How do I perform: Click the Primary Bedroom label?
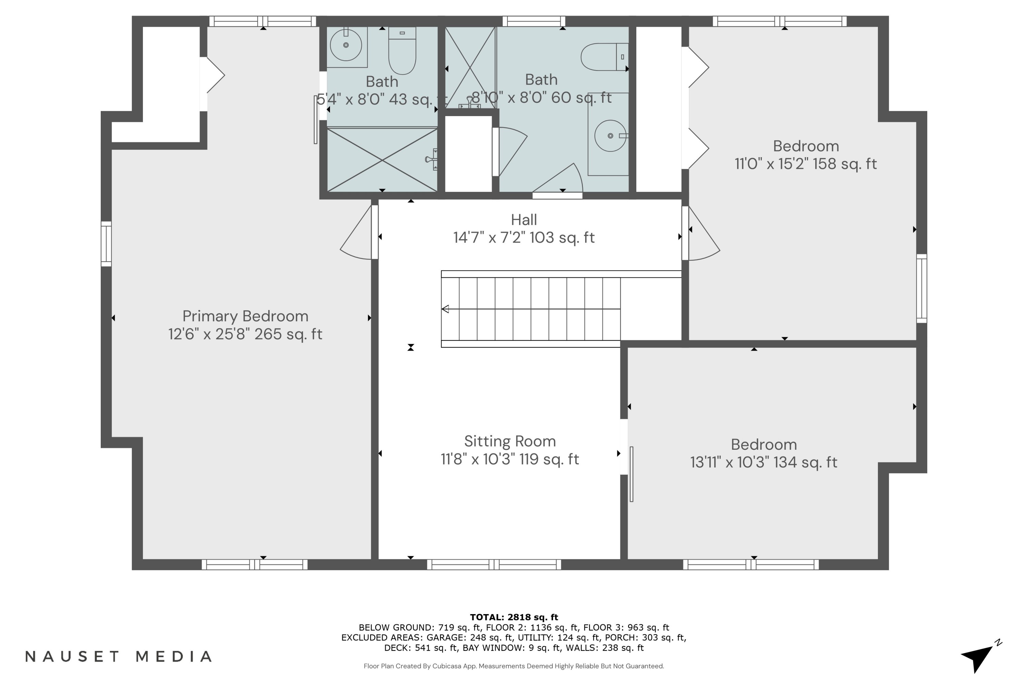click(x=245, y=316)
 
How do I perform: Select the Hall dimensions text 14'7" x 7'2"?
click(x=524, y=238)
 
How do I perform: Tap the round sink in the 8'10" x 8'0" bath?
click(x=610, y=136)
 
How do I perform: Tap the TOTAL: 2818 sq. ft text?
click(x=514, y=617)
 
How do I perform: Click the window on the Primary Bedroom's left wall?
click(x=106, y=244)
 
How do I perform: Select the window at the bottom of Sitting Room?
click(x=494, y=564)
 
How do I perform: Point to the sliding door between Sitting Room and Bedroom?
click(x=631, y=474)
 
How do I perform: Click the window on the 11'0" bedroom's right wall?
click(x=921, y=288)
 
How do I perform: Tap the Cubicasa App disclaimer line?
click(x=514, y=666)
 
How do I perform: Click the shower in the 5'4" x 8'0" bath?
click(x=382, y=160)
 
